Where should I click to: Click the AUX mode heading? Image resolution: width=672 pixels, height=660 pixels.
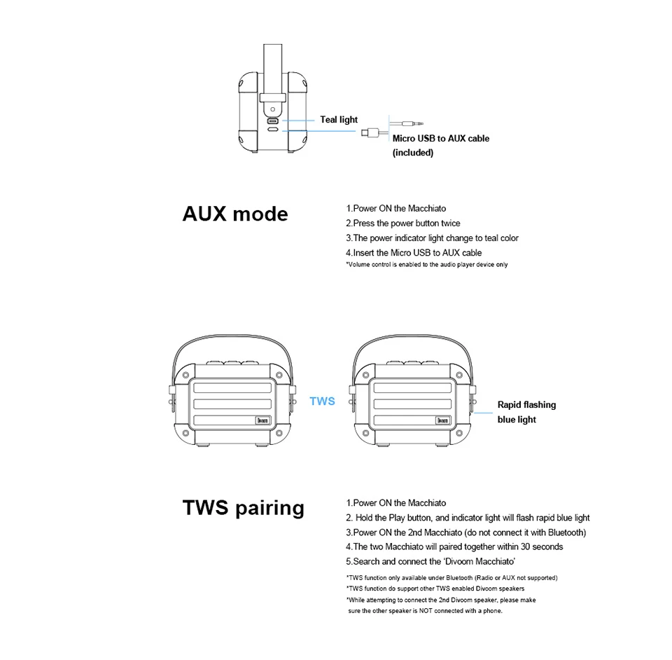[235, 214]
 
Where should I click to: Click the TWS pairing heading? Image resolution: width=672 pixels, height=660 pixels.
[244, 508]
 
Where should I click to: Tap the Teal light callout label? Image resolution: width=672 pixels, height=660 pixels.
[339, 120]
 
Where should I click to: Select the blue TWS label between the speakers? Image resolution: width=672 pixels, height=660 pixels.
[322, 401]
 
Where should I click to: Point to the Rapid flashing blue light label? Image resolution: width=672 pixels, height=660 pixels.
[526, 412]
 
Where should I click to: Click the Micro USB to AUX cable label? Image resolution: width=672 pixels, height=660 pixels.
[441, 145]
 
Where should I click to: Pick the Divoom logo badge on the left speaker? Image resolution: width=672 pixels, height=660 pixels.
[262, 420]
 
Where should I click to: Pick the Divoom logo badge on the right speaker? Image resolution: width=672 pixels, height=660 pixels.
[442, 420]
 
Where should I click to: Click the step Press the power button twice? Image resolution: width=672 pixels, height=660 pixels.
[403, 224]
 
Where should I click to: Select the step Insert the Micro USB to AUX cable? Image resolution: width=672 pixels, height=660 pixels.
[414, 253]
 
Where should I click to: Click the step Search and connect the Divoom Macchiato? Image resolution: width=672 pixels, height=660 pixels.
[430, 561]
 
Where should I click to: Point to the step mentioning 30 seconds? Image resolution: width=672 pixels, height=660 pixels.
[454, 546]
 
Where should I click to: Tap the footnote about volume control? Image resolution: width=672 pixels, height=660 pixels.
[426, 265]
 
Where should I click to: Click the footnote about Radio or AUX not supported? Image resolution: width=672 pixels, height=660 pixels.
[451, 578]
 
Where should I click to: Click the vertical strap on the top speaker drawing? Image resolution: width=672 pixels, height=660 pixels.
[272, 71]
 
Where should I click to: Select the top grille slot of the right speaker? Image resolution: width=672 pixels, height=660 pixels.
[412, 388]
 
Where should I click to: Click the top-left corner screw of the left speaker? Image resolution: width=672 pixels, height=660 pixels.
[186, 376]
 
